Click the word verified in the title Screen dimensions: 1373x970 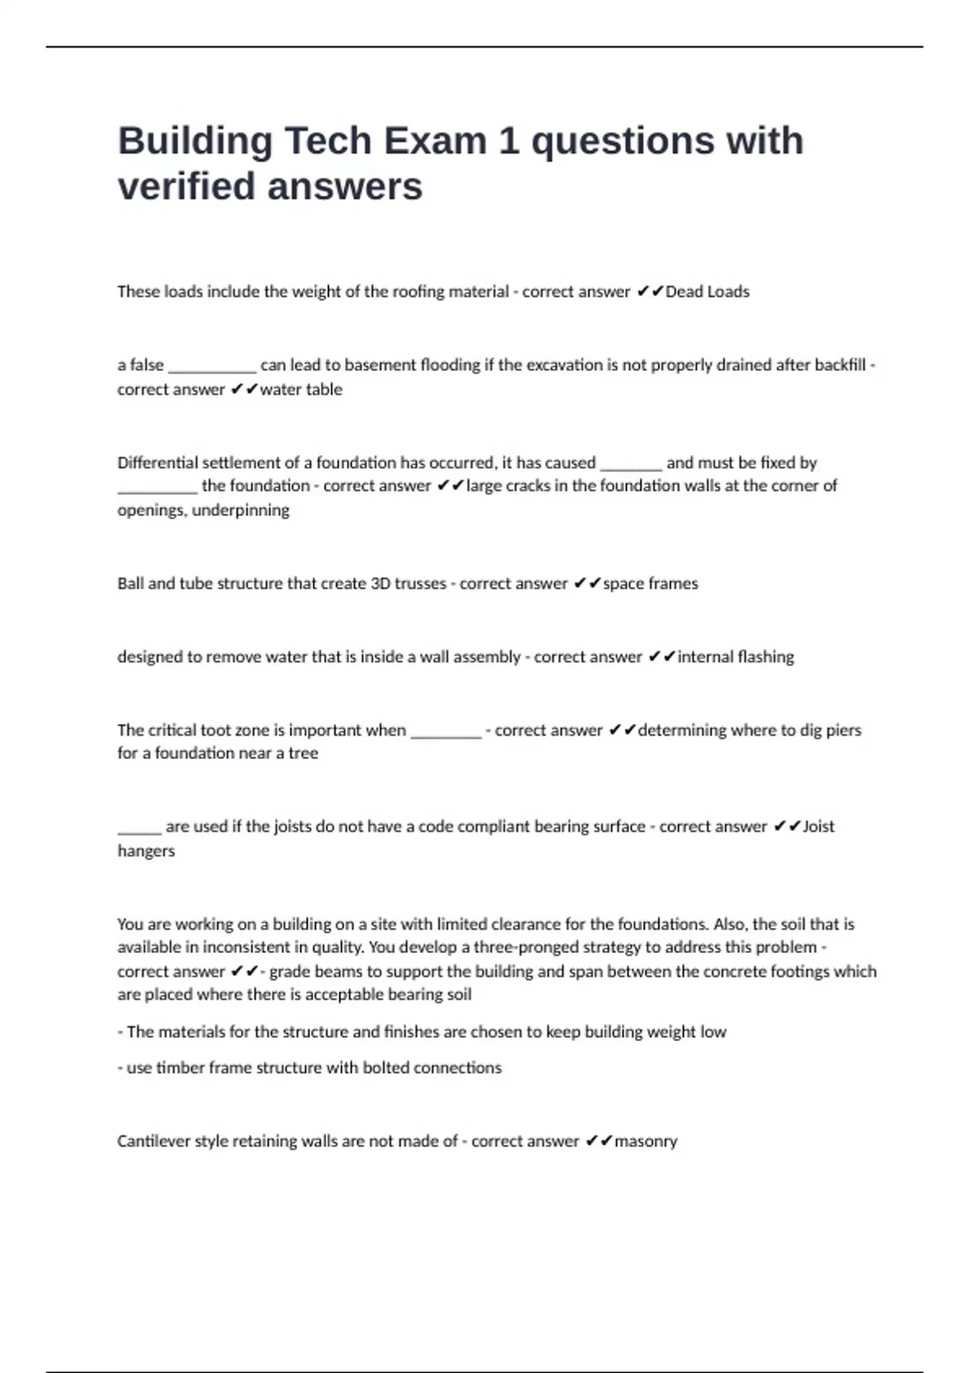click(x=186, y=187)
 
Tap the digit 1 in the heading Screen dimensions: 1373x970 click(x=508, y=141)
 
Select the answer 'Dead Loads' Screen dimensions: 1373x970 click(x=707, y=292)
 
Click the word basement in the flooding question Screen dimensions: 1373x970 click(x=381, y=365)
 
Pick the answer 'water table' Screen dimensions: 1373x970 click(x=301, y=389)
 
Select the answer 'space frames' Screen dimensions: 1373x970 click(x=651, y=584)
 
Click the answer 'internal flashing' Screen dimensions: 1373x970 click(x=736, y=657)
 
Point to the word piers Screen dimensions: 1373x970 click(x=844, y=730)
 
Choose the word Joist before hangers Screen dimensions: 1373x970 click(x=818, y=826)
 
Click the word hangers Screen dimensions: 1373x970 click(x=145, y=851)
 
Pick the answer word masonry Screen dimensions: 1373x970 click(x=646, y=1141)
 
